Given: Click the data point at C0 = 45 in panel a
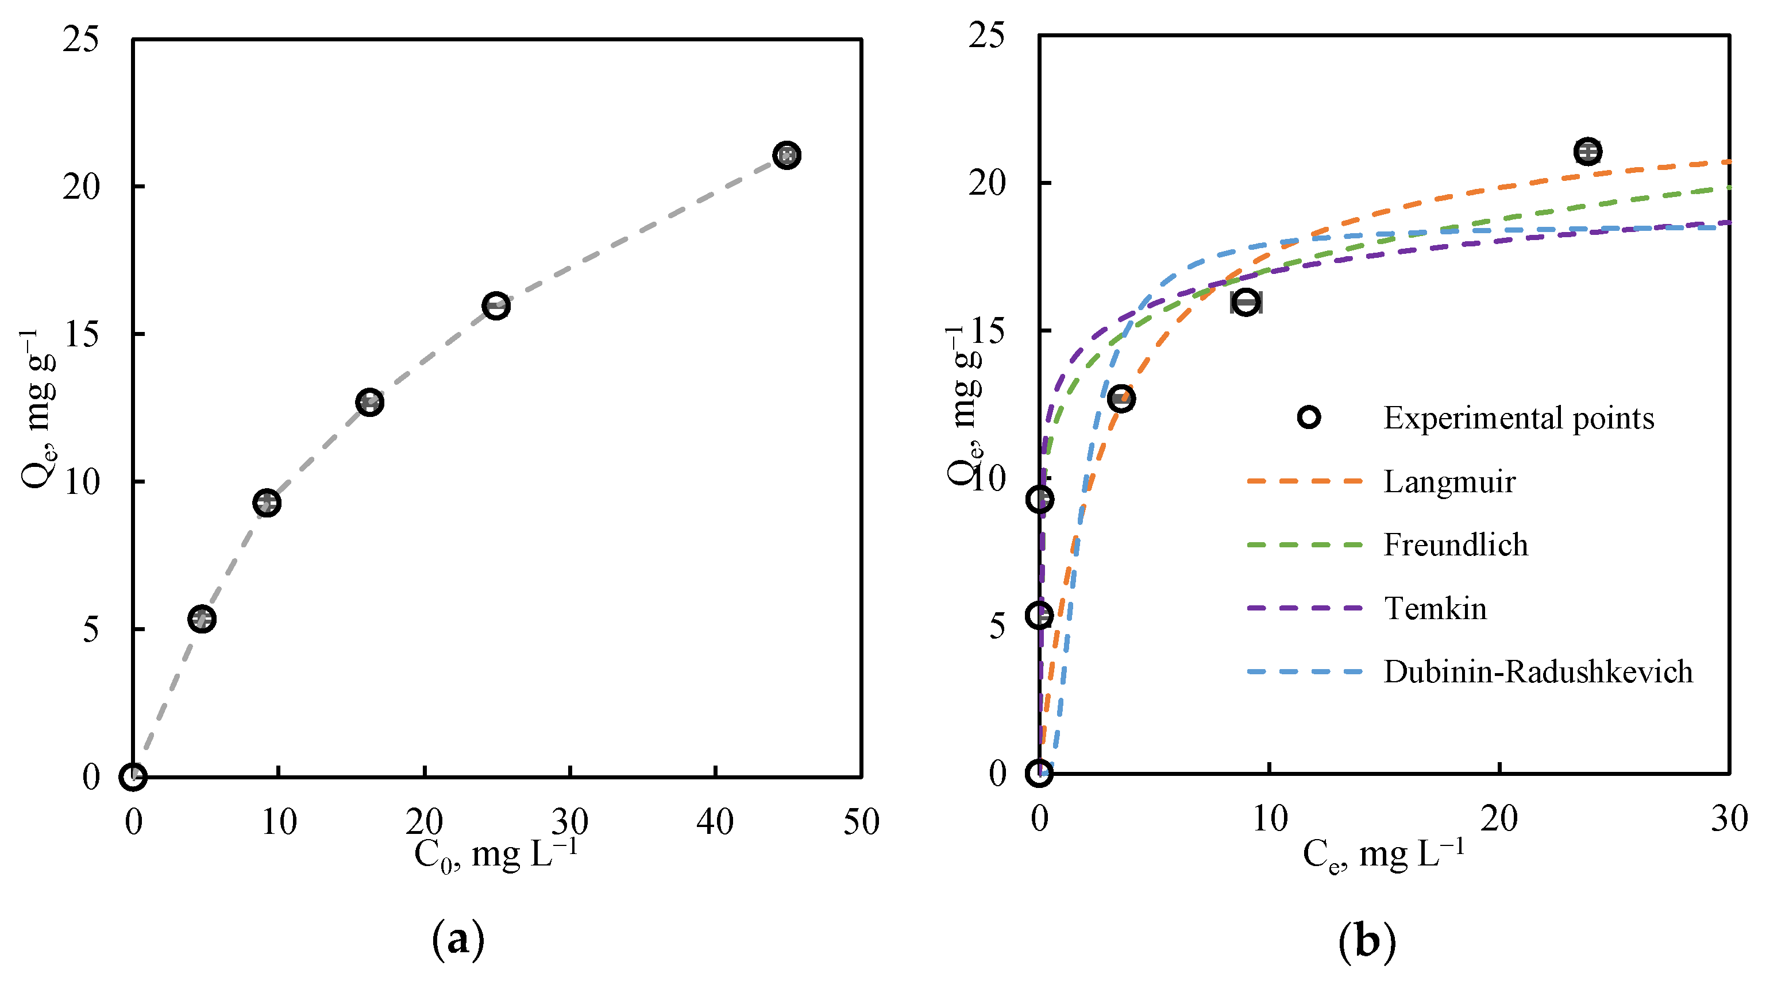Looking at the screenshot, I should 786,156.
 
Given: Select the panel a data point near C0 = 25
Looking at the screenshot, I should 496,306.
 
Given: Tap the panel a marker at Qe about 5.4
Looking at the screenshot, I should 202,619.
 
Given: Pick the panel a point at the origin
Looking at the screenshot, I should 133,777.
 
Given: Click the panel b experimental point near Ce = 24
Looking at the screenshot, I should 1588,152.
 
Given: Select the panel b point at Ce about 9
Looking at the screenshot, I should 1246,302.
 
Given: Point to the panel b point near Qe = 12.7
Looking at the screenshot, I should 1121,398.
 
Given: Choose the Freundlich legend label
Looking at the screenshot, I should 1455,546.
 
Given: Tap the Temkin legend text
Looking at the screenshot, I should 1435,609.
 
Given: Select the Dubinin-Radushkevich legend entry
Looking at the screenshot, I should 1538,671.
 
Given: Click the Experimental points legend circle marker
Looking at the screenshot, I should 1309,418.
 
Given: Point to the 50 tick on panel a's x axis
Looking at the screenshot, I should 861,822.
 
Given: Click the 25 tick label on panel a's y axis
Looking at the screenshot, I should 81,38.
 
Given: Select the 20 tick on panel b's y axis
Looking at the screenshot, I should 986,183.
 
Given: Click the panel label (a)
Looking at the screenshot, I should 458,940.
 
